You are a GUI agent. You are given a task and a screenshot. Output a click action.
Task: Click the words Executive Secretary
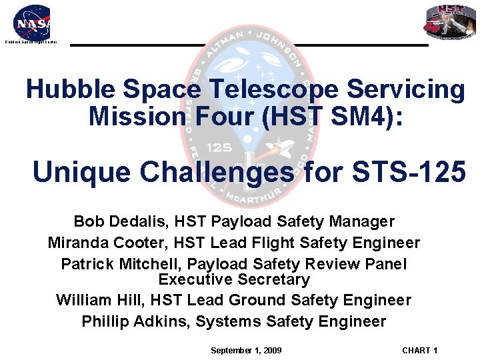pos(234,279)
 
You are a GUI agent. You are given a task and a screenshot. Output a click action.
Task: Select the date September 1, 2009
pos(246,351)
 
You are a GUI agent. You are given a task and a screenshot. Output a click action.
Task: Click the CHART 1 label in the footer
pos(419,351)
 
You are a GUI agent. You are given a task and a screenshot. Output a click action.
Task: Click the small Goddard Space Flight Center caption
pos(31,42)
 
